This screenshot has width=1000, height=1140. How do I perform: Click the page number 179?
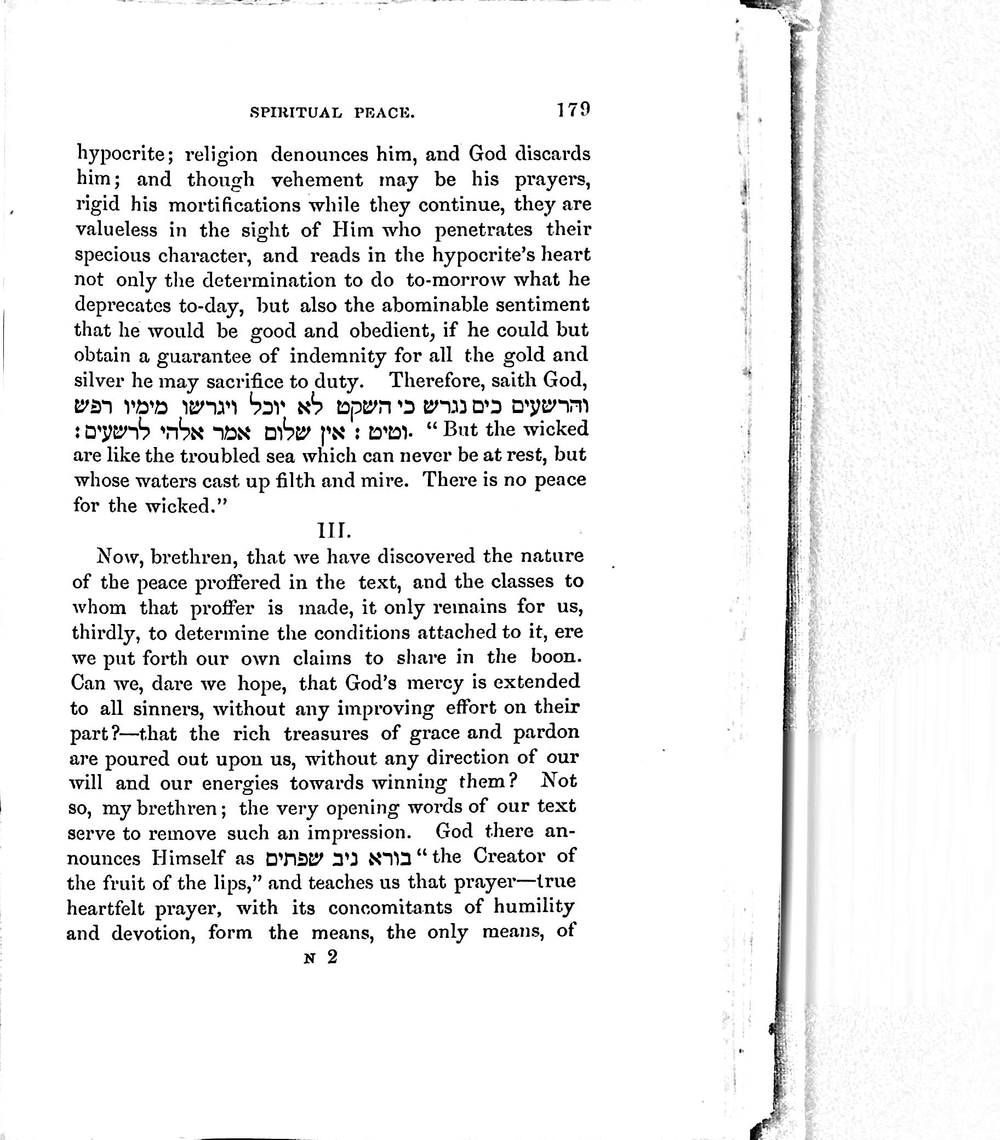[572, 110]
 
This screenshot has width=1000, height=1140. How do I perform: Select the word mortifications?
[234, 205]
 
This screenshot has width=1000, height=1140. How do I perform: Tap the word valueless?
[116, 230]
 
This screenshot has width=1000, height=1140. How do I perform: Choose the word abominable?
[426, 305]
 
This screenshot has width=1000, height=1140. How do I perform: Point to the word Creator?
[509, 856]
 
